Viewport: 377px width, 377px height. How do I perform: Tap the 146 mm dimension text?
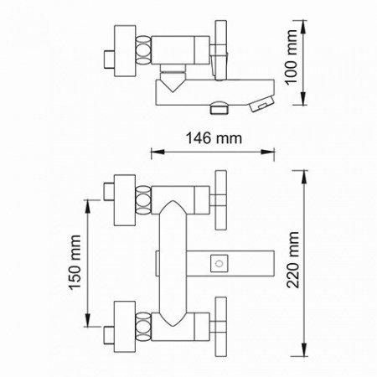[x=214, y=138]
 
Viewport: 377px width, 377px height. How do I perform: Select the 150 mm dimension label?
[x=75, y=262]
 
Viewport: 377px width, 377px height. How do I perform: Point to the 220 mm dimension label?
[x=293, y=260]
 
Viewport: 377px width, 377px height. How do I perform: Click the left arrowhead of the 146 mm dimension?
[x=157, y=152]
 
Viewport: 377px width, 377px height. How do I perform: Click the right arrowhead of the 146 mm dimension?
[x=268, y=152]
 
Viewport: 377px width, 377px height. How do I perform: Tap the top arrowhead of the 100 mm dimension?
[x=303, y=26]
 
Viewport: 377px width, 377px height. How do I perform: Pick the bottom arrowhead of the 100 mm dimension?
[x=303, y=99]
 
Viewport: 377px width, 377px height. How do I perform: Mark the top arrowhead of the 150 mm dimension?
[x=88, y=206]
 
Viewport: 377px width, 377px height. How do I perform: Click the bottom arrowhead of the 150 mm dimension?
[x=88, y=320]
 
